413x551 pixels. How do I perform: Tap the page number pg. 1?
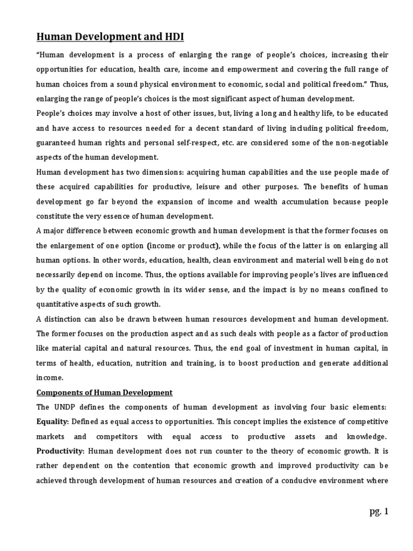coord(378,511)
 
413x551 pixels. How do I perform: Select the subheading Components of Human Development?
coord(104,392)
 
